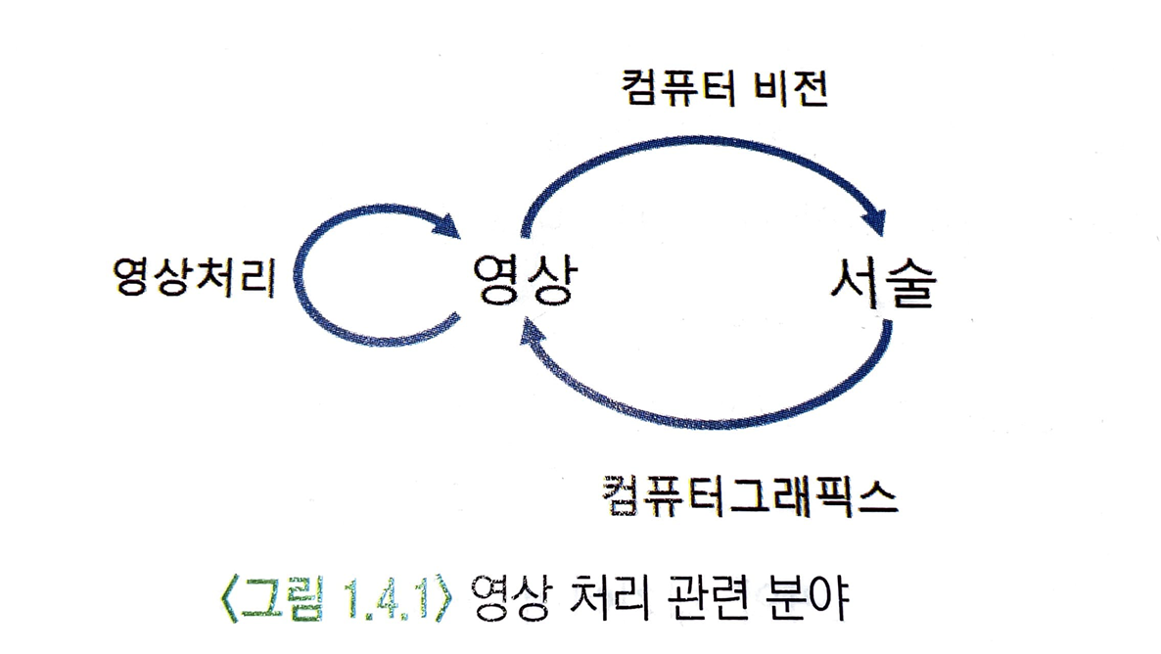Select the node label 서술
(x=880, y=284)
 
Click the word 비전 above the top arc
(x=792, y=91)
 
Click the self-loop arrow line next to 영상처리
(x=297, y=284)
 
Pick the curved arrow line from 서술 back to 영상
(x=715, y=416)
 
